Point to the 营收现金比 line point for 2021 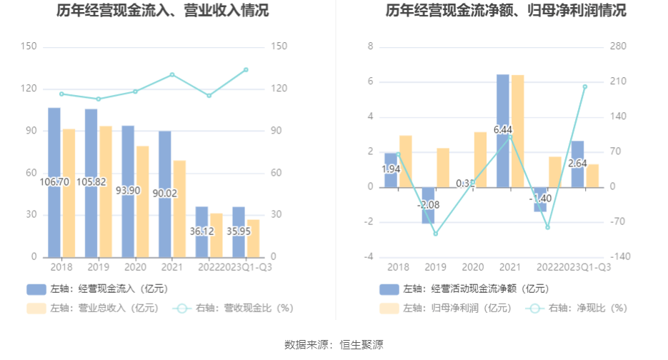172,74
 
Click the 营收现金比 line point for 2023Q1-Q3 246,69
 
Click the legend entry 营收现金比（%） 236,309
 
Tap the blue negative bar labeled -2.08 428,206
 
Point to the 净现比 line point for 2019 435,234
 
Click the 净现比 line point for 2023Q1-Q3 584,86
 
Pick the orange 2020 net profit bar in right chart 480,159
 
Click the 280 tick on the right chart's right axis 617,46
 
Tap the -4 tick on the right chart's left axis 370,257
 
